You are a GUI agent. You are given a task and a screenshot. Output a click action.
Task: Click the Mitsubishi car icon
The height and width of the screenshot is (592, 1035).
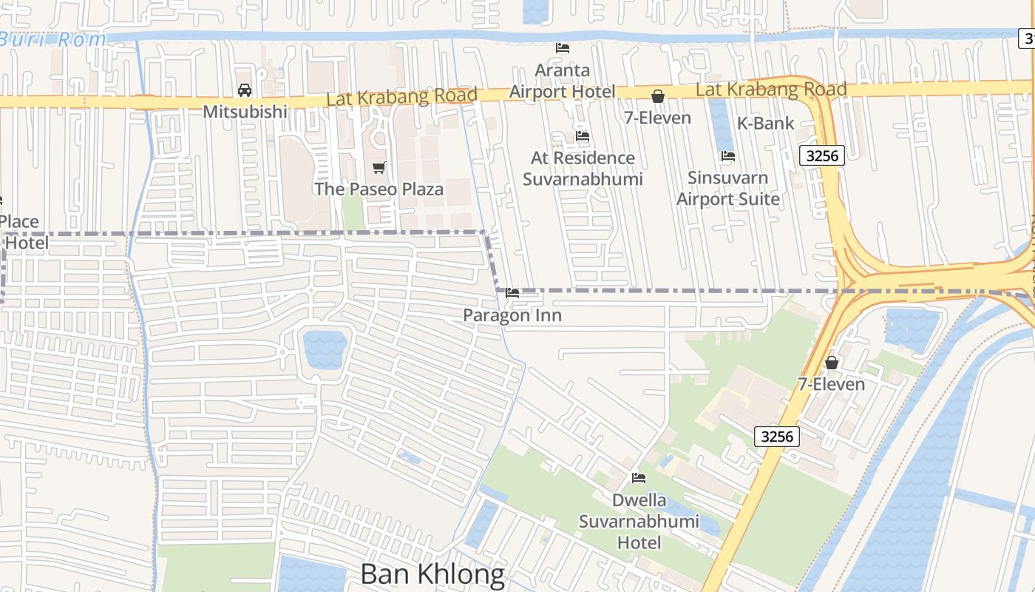coord(244,90)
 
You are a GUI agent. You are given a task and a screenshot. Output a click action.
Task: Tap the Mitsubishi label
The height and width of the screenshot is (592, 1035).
coord(244,112)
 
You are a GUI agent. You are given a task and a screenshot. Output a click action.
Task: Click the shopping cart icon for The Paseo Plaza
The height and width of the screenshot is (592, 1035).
coord(379,168)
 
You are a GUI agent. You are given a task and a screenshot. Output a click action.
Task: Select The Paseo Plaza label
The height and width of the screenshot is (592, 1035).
coord(379,189)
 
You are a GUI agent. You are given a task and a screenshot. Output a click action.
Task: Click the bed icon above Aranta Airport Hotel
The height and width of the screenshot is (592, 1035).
coord(563,48)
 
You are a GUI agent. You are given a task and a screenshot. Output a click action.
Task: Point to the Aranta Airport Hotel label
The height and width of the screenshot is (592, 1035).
coord(563,81)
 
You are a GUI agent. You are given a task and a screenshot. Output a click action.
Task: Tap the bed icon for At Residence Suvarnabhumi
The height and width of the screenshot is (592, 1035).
coord(583,136)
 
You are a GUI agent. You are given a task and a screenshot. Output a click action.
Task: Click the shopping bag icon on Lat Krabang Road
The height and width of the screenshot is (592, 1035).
coord(658,96)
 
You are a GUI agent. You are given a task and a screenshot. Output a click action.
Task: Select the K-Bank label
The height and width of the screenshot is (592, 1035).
coord(766,124)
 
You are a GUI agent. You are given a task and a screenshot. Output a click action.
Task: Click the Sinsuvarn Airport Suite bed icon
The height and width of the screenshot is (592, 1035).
coord(728,156)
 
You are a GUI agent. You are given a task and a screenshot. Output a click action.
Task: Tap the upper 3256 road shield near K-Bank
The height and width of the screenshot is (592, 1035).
coord(822,155)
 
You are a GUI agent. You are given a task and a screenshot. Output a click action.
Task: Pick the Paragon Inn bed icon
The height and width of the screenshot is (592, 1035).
coord(512,294)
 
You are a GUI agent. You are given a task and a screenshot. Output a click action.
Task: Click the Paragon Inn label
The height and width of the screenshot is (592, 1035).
coord(512,315)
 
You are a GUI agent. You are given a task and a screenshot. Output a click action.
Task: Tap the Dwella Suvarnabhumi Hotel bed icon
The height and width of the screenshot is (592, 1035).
coord(639,478)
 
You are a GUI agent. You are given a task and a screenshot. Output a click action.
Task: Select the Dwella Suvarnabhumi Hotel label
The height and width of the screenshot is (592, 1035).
coord(639,522)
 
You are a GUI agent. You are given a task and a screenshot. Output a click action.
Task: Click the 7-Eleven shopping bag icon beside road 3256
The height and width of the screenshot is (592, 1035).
coord(832,363)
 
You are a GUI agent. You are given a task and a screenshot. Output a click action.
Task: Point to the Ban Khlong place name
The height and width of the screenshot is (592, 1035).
coord(432,574)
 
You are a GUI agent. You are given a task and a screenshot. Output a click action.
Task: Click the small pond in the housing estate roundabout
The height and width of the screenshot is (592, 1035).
coord(325,349)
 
